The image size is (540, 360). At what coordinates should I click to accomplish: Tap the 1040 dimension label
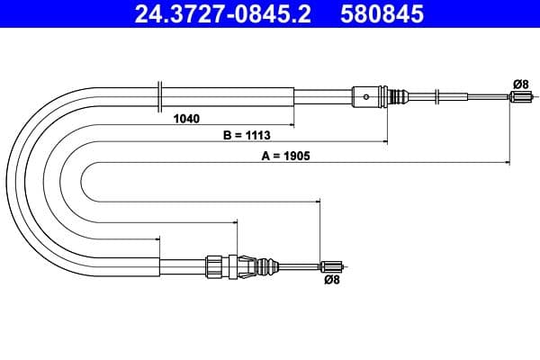[x=186, y=118]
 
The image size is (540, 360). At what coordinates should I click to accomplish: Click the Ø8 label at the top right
[x=519, y=84]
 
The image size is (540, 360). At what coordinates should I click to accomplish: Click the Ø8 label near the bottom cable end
[x=330, y=280]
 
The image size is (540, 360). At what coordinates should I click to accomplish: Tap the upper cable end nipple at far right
[x=519, y=98]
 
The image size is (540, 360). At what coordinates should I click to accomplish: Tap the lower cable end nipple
[x=332, y=265]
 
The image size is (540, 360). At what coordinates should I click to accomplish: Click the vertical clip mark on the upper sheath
[x=159, y=94]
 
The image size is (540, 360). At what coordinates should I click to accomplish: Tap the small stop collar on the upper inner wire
[x=436, y=96]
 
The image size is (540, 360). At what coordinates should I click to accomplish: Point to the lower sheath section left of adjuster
[x=184, y=266]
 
